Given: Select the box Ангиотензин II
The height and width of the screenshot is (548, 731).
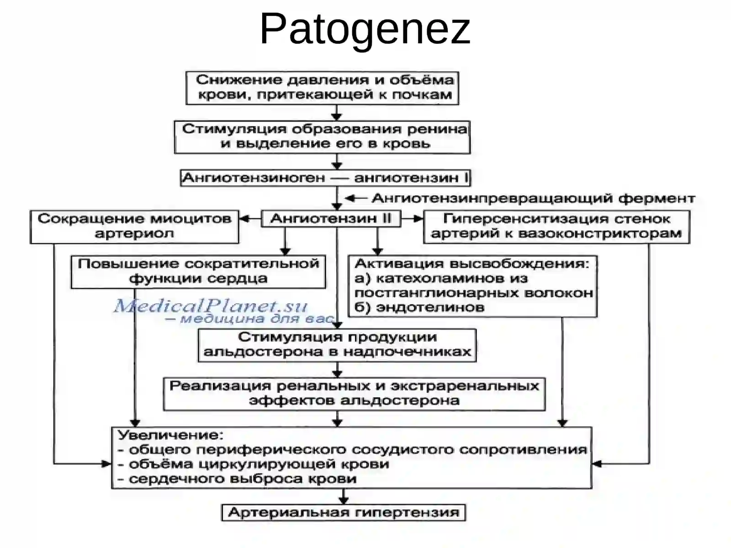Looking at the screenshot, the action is (331, 219).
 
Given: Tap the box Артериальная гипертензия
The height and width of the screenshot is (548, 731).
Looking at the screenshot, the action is (344, 512).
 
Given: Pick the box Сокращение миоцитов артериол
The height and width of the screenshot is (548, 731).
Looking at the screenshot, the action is (134, 227).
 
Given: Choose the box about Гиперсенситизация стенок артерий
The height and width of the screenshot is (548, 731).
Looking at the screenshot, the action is (556, 227).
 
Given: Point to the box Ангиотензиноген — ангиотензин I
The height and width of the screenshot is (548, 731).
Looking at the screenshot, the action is (325, 178).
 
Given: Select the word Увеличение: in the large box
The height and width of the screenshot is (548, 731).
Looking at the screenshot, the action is (171, 435).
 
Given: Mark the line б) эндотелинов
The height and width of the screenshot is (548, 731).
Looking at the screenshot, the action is (419, 307).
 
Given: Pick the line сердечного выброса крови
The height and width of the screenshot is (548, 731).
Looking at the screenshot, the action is (238, 479).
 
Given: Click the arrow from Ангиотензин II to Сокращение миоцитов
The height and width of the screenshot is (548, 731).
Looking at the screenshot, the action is (250, 219).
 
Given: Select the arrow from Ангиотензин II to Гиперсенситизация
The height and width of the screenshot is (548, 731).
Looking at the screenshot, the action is (412, 219).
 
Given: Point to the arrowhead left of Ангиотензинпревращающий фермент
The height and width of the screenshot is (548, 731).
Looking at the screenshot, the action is (349, 199).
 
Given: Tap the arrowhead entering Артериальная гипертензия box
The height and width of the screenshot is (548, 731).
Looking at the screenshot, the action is (344, 500).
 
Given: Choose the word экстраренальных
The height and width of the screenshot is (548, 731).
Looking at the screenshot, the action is (465, 386).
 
